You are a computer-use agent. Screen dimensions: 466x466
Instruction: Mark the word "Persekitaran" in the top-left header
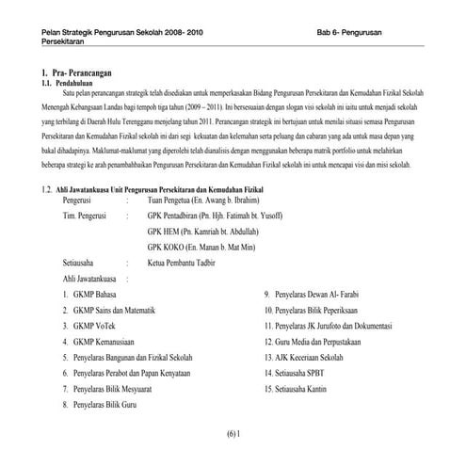50,42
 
